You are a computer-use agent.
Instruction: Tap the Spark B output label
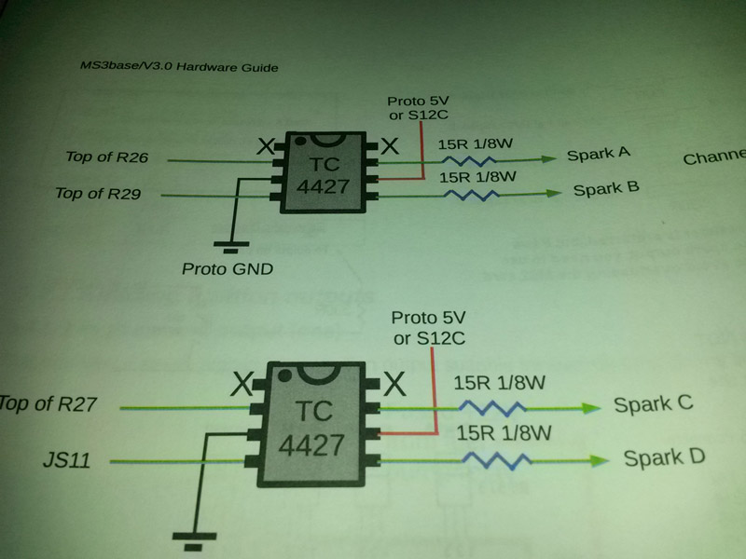coord(605,189)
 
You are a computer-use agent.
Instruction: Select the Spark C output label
coord(653,404)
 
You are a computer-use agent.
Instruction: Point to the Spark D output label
coord(664,457)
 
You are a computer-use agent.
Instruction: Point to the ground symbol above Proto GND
coord(226,246)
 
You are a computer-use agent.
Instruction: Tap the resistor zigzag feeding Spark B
coord(471,195)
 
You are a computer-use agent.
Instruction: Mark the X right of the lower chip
coord(394,382)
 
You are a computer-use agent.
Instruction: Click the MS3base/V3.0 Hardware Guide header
coord(180,67)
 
